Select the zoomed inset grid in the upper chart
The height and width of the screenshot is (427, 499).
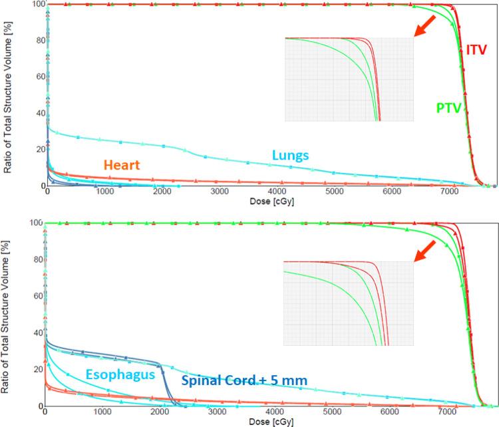[x=349, y=79]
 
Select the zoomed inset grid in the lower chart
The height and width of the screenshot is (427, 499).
[x=349, y=303]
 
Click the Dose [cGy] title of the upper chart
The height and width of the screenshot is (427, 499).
[x=259, y=200]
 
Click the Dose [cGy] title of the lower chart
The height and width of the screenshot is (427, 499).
[x=259, y=422]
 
